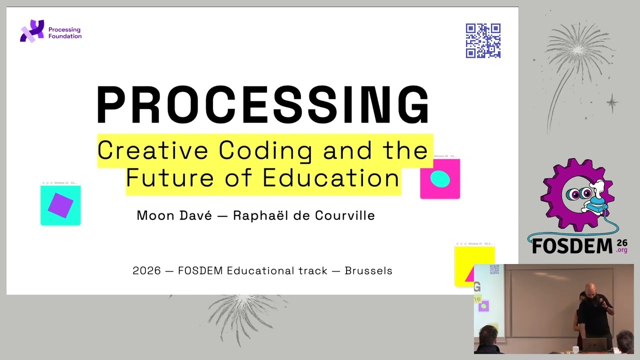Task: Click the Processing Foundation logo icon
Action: pos(31,31)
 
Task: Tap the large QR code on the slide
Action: pos(483,40)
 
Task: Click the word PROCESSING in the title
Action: pos(263,105)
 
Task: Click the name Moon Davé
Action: pos(174,215)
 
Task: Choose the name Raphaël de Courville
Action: pos(303,215)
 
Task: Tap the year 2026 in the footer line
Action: pos(146,270)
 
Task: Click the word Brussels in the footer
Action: pos(368,270)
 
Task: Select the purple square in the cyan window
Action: pos(60,205)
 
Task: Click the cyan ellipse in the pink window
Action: pos(440,178)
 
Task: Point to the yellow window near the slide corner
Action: pos(474,265)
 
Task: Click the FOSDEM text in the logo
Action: pos(571,246)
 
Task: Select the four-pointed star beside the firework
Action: pos(612,103)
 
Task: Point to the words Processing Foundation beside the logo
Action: pos(64,33)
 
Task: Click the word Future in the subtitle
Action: pos(155,177)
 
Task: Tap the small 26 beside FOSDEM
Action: pos(622,242)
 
